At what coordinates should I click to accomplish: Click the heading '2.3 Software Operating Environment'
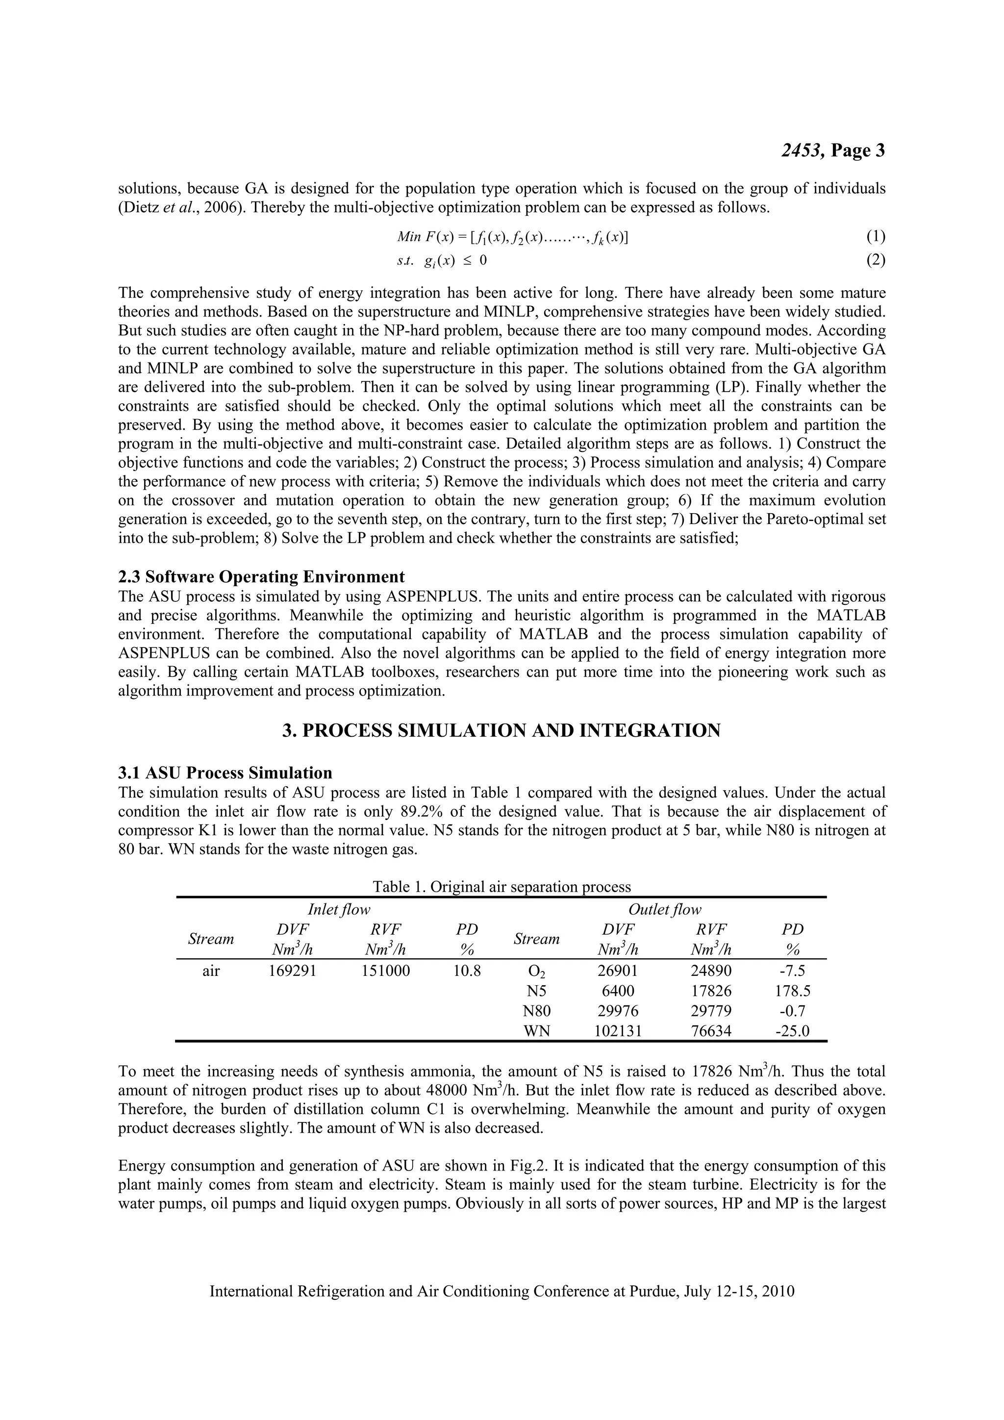261,576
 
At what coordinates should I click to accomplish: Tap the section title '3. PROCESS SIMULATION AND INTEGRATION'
502,730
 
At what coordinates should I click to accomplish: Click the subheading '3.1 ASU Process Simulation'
225,772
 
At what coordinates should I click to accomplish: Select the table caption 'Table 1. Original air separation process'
502,887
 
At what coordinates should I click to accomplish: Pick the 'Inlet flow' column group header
339,909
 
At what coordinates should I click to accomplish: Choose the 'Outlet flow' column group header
665,909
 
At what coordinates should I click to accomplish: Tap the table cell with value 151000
385,971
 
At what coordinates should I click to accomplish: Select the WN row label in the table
536,1031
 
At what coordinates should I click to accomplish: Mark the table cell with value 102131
618,1031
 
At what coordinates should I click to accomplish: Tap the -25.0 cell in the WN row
792,1031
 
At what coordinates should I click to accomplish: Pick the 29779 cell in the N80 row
711,1011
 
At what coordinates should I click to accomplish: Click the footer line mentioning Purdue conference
502,1292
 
